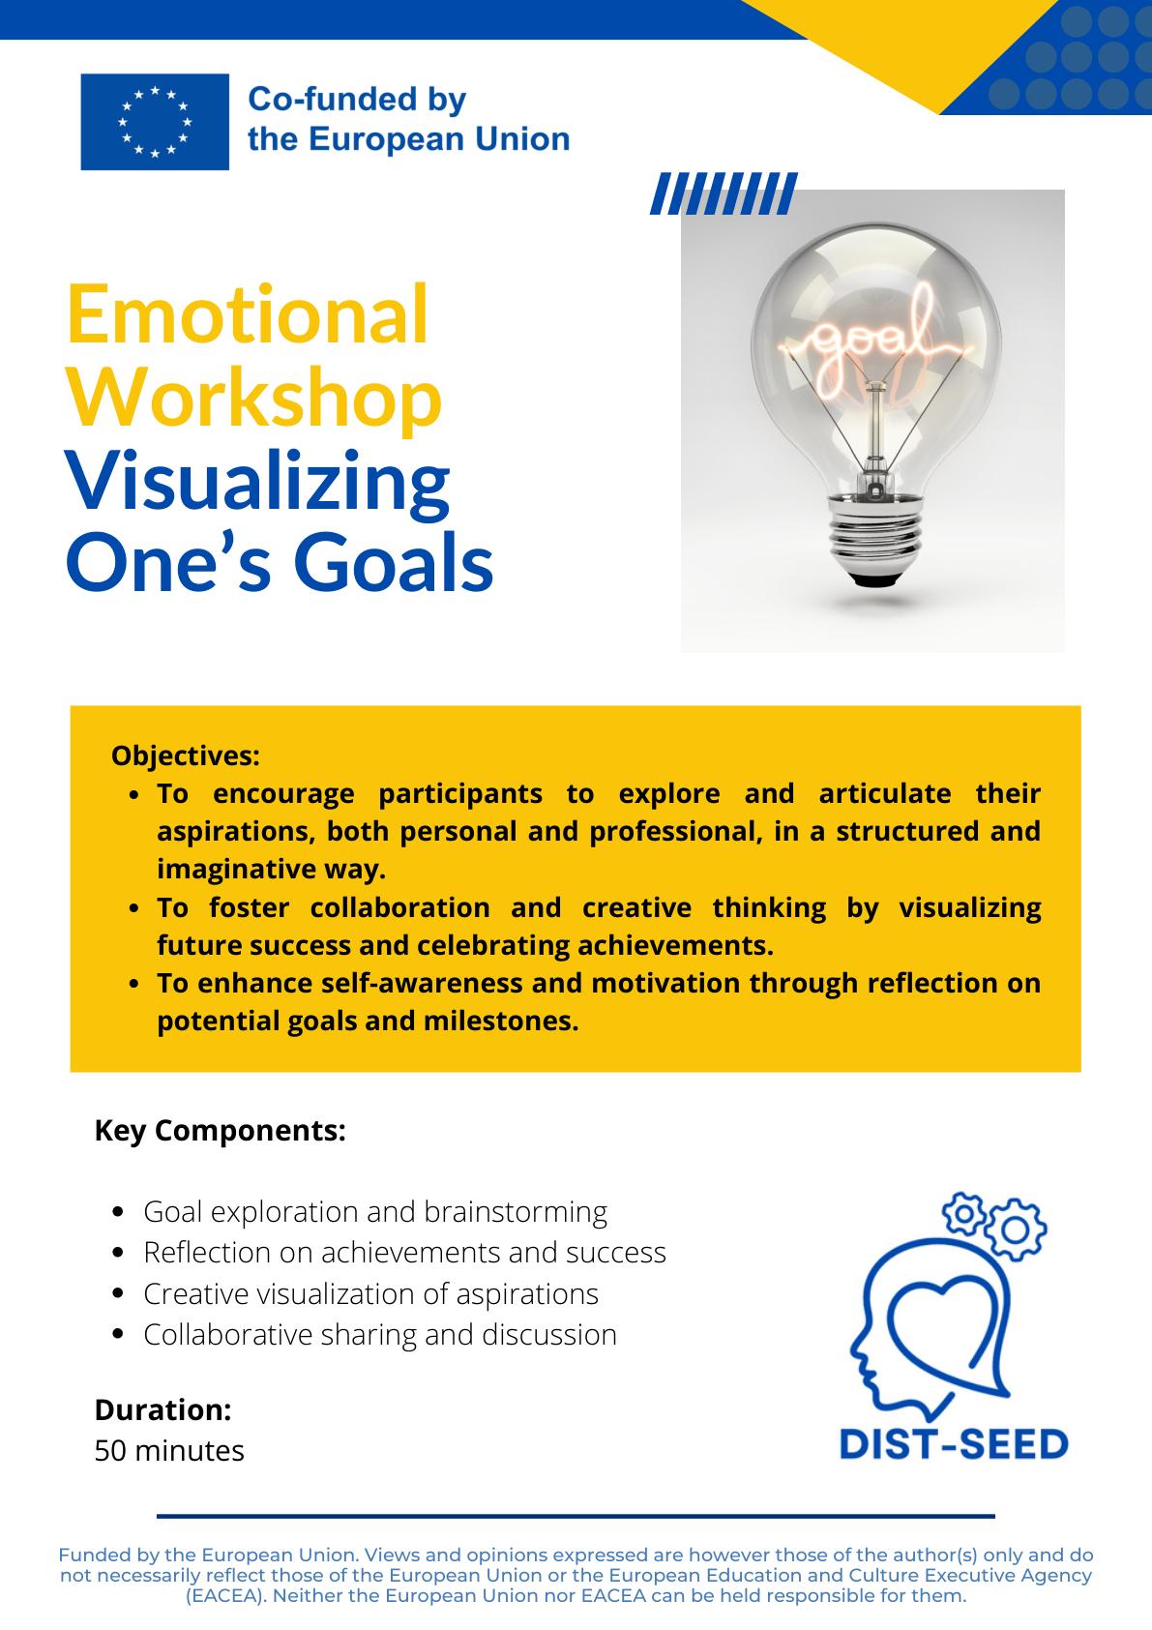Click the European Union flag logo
tap(155, 122)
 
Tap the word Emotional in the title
tap(248, 315)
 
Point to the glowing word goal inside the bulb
tap(869, 342)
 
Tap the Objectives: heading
tap(185, 756)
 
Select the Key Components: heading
tap(220, 1131)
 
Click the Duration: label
tap(163, 1409)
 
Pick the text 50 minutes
tap(169, 1451)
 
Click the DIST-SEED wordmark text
tap(954, 1444)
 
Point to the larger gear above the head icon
tap(1016, 1230)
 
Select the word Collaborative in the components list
tap(227, 1335)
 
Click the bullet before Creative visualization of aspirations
tap(119, 1293)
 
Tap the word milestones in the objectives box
tap(501, 1021)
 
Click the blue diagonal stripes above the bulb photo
tap(724, 193)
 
